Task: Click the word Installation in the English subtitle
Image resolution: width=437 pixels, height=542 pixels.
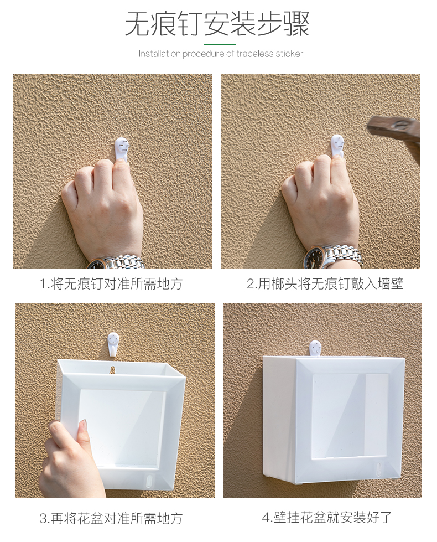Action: [160, 54]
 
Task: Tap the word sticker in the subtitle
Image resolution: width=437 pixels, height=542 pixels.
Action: [289, 54]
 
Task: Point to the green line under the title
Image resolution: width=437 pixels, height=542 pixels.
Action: [220, 45]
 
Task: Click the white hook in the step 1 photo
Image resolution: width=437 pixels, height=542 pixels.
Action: [122, 148]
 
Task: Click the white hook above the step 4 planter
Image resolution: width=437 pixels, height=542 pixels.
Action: [315, 348]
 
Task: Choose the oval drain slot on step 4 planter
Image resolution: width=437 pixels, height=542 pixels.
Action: [378, 468]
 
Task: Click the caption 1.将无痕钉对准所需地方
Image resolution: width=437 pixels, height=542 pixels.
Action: [111, 285]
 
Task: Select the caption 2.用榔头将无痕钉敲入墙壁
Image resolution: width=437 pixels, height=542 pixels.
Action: [325, 284]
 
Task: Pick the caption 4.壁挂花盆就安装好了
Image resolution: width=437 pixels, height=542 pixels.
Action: [327, 518]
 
